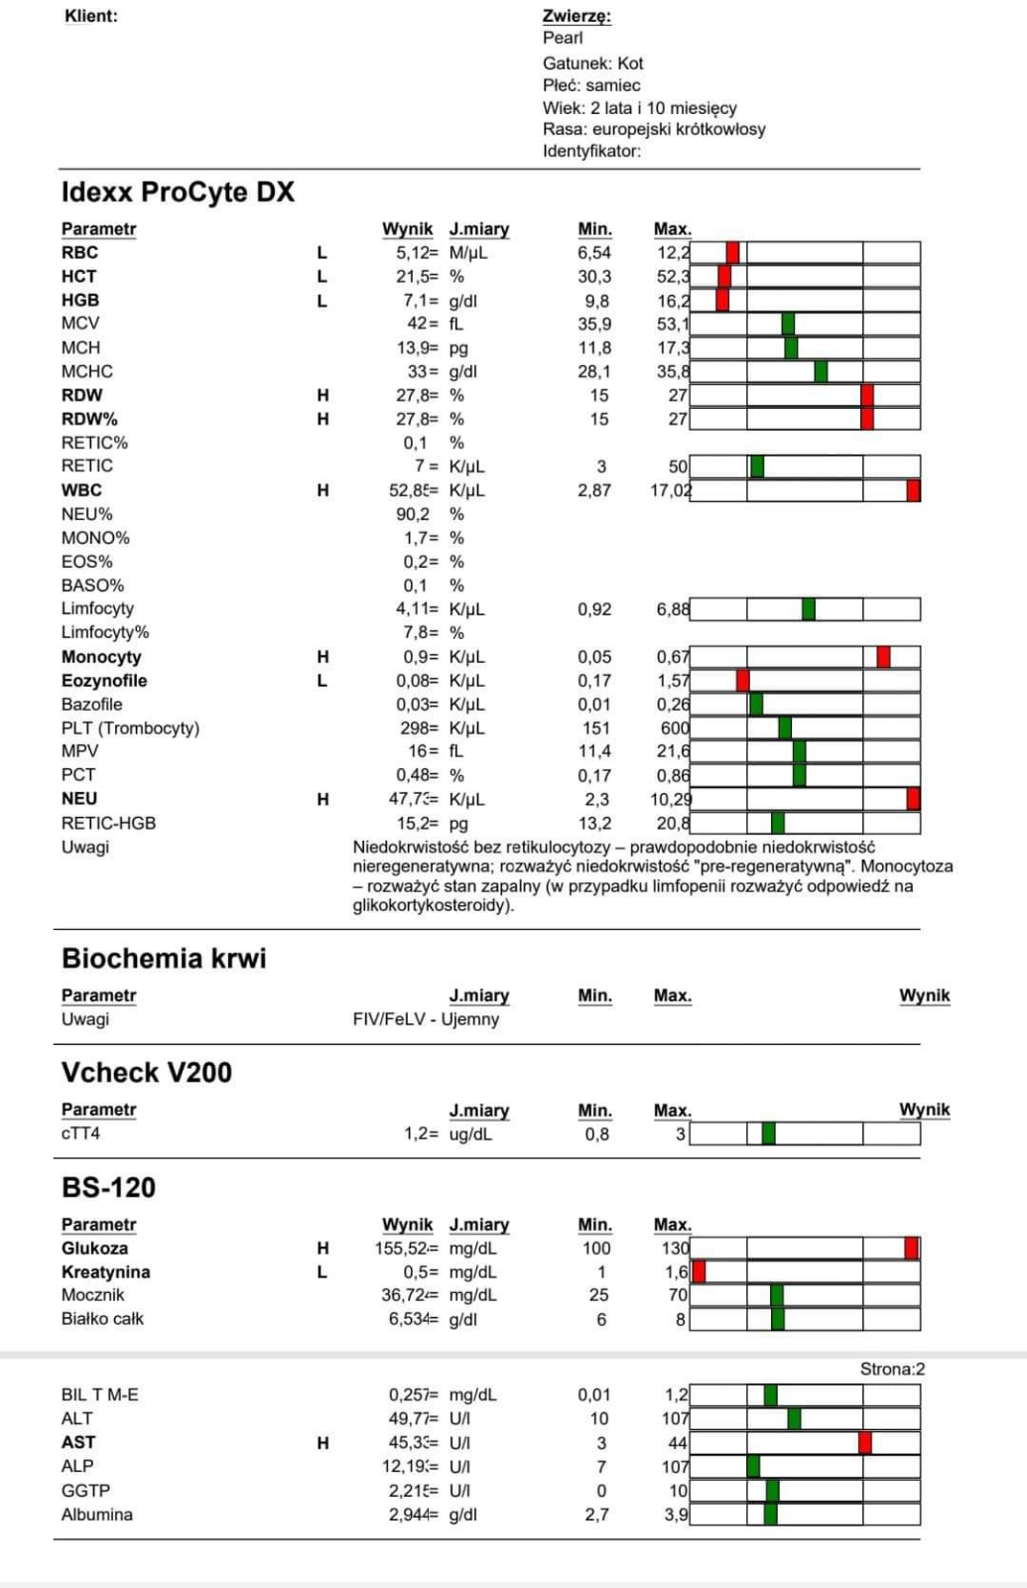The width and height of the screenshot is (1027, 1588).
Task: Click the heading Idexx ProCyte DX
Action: click(178, 192)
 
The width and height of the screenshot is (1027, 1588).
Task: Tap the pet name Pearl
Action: click(563, 38)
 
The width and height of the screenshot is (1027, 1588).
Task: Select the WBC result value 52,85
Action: click(413, 490)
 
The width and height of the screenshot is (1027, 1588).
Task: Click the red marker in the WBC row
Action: click(913, 490)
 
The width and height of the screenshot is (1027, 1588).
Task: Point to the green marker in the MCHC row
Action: click(821, 371)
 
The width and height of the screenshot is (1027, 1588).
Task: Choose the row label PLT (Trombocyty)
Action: click(130, 728)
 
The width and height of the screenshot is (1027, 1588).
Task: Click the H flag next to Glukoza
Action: click(322, 1249)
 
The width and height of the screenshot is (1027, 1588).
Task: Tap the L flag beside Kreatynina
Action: click(322, 1272)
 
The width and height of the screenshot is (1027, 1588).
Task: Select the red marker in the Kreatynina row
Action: click(699, 1271)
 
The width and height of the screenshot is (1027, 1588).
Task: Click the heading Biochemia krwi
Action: click(164, 958)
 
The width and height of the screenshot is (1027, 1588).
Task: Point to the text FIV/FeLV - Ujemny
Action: click(426, 1019)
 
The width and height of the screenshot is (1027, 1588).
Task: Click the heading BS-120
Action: click(108, 1187)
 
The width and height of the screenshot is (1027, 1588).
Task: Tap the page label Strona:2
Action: click(892, 1370)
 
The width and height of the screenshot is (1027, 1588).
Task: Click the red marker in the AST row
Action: click(865, 1443)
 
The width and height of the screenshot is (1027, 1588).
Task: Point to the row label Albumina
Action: click(97, 1515)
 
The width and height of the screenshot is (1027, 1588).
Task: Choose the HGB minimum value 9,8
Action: click(596, 301)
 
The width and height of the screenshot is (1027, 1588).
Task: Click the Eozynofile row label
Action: click(104, 681)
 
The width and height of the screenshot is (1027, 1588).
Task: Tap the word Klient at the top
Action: click(90, 16)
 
